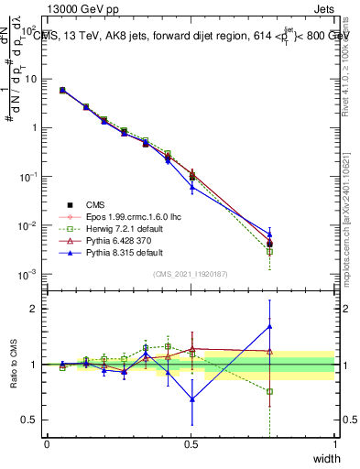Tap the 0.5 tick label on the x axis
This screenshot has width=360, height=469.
pyautogui.click(x=191, y=444)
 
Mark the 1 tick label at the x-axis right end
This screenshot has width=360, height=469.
pyautogui.click(x=334, y=444)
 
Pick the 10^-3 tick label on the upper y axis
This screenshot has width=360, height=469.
pyautogui.click(x=29, y=275)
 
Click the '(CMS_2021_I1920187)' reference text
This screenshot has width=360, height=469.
pyautogui.click(x=191, y=274)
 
